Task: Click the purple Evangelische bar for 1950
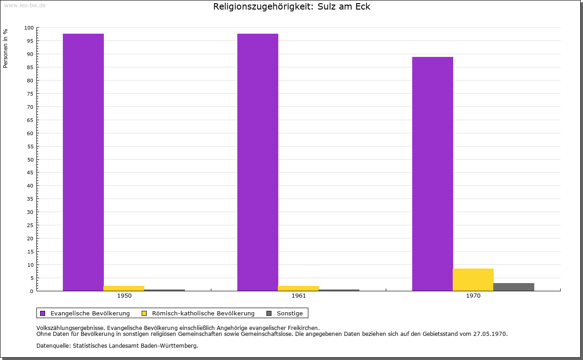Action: click(83, 162)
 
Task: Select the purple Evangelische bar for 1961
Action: click(258, 162)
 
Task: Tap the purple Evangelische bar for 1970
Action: click(432, 174)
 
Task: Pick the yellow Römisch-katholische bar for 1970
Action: click(473, 279)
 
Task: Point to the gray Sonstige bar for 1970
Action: click(514, 287)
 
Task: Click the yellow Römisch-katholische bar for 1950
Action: click(124, 288)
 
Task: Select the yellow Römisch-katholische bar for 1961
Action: click(298, 288)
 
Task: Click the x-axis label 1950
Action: click(124, 296)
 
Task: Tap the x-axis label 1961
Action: click(299, 296)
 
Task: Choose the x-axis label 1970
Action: click(473, 296)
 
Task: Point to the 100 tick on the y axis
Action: click(29, 28)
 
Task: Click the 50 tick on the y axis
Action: click(31, 159)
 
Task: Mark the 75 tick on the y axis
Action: click(31, 94)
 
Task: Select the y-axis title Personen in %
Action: click(5, 49)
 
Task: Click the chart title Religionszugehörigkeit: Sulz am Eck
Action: click(291, 7)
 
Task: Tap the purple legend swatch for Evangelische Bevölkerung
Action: click(43, 313)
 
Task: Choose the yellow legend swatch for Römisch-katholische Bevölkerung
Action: click(144, 313)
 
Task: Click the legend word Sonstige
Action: click(290, 313)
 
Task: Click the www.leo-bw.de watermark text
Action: click(24, 5)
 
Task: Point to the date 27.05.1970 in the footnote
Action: click(490, 334)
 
